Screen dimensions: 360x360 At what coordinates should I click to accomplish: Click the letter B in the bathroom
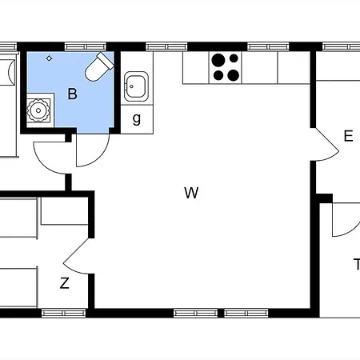(73, 94)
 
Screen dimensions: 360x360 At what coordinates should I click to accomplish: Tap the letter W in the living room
(191, 193)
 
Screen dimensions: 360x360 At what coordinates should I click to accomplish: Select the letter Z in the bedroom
(65, 283)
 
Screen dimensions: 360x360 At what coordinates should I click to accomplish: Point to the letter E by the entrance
(349, 136)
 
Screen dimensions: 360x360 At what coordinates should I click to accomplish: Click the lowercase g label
(137, 118)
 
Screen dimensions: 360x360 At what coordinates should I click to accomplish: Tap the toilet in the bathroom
(99, 66)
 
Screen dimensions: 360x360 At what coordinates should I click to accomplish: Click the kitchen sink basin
(136, 86)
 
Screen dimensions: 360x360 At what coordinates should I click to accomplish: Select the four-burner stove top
(226, 68)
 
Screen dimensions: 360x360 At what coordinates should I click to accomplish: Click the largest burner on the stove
(218, 60)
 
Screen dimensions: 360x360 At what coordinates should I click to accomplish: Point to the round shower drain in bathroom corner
(38, 110)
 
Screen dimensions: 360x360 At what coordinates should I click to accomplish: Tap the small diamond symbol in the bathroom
(49, 58)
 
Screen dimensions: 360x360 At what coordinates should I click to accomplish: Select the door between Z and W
(78, 256)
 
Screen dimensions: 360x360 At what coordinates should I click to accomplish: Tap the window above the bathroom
(86, 47)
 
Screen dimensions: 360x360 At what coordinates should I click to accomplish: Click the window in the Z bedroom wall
(64, 313)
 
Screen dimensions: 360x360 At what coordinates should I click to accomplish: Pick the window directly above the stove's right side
(268, 47)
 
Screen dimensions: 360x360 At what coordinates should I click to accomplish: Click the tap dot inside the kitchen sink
(131, 86)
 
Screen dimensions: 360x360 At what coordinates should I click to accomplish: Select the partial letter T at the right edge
(358, 264)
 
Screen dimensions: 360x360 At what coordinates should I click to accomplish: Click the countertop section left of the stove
(196, 68)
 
